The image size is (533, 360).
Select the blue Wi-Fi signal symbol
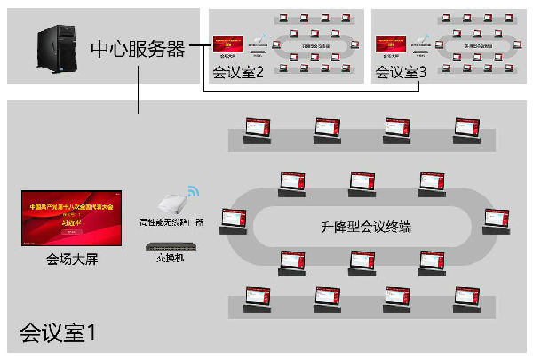195,190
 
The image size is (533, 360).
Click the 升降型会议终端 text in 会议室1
360,228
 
